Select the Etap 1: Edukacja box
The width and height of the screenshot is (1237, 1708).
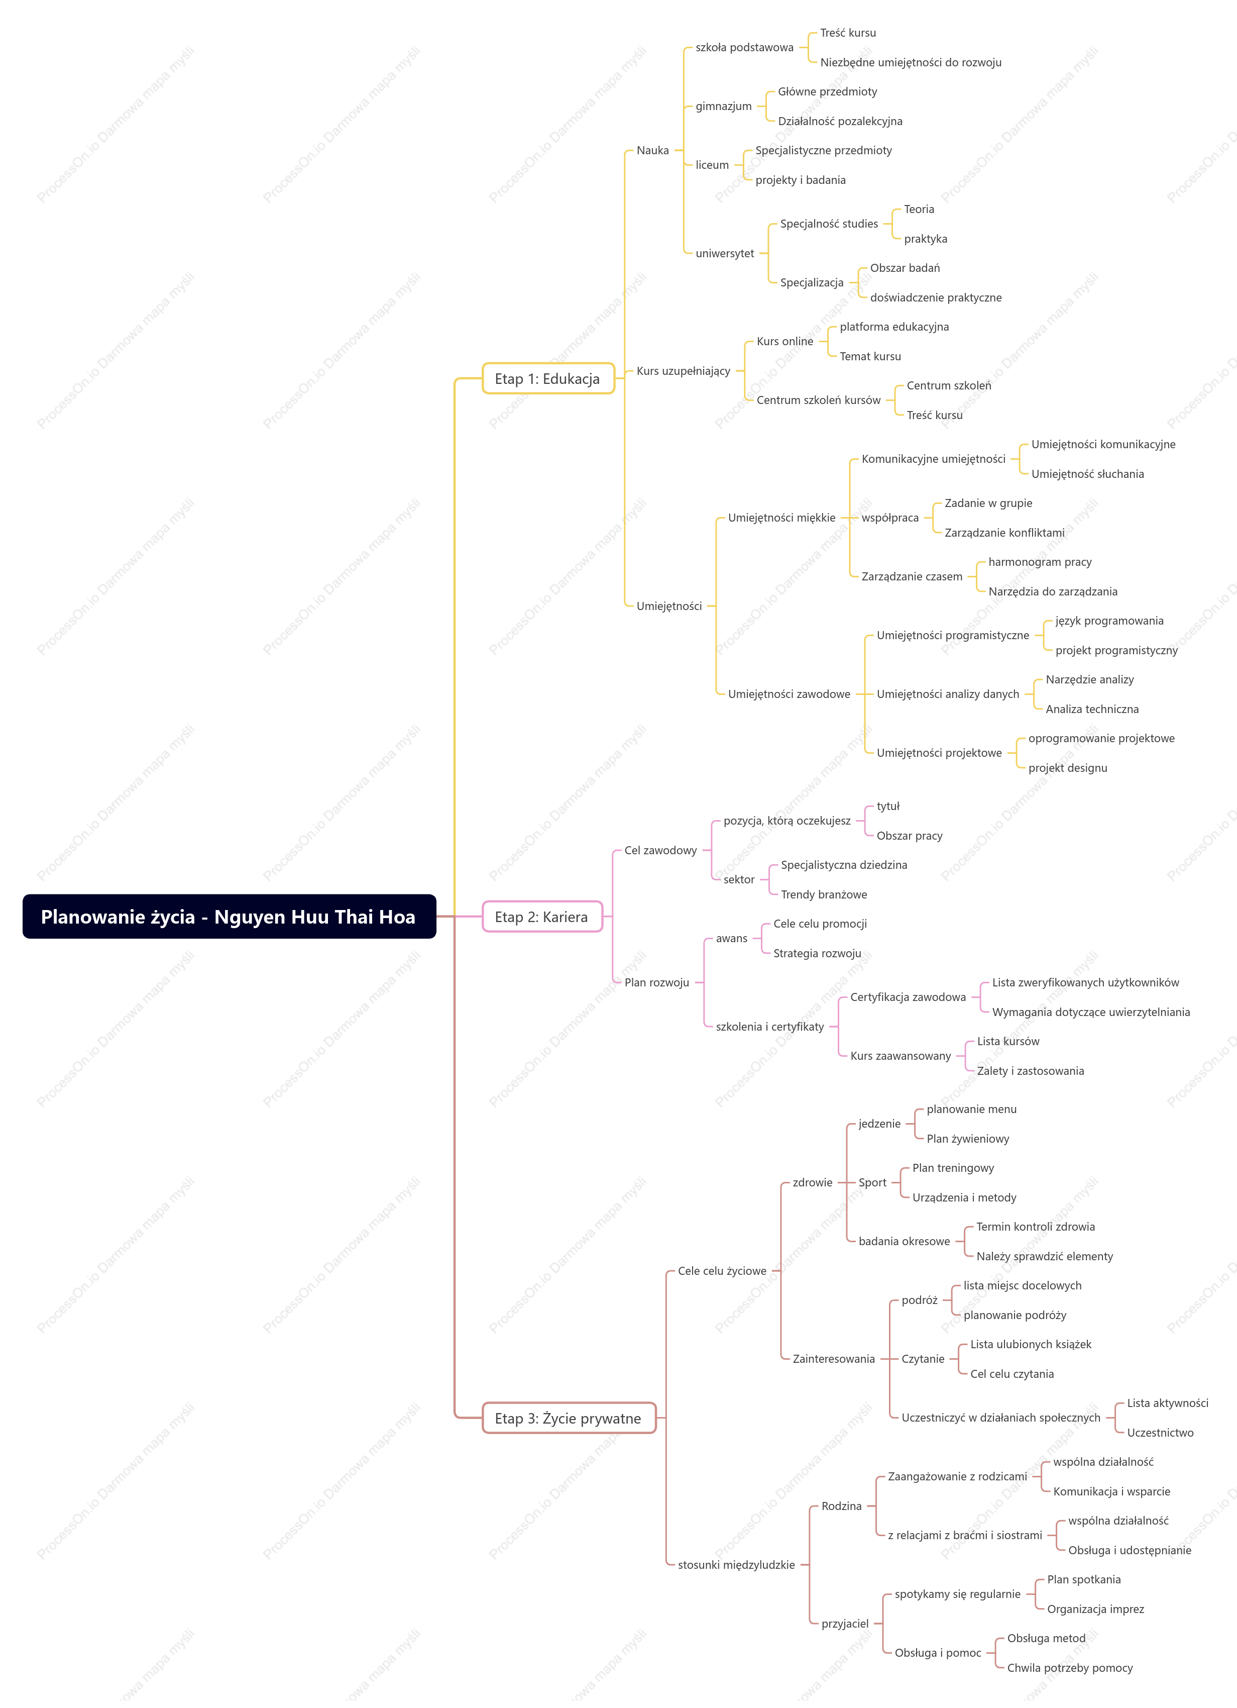click(x=548, y=378)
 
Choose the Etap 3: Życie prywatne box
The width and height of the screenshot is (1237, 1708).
click(x=569, y=1418)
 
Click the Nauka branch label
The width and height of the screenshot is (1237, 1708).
click(x=653, y=151)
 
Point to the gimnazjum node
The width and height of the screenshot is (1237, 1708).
click(x=724, y=106)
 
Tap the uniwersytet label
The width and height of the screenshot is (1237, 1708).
click(x=724, y=253)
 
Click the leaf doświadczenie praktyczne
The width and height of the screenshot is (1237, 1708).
click(x=936, y=297)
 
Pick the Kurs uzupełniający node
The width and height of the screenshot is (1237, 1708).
click(x=683, y=370)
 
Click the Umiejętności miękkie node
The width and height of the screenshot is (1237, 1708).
click(x=781, y=518)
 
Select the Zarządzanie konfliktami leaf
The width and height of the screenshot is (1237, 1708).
click(x=1004, y=533)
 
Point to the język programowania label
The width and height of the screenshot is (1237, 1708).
click(x=1109, y=621)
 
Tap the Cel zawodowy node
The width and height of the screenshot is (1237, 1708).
click(x=660, y=850)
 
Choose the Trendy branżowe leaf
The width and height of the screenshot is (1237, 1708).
click(x=824, y=894)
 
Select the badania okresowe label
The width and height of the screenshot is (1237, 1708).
click(x=904, y=1241)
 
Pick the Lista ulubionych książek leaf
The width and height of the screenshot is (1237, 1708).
click(x=1031, y=1344)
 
